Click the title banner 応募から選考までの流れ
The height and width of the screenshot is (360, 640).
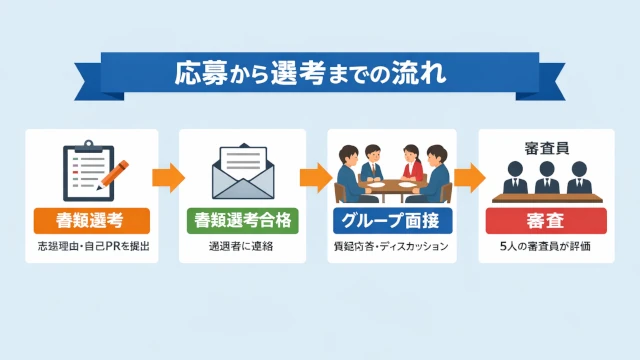tap(320, 73)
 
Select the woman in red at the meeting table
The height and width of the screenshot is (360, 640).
tap(410, 160)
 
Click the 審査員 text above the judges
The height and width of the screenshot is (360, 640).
tap(546, 145)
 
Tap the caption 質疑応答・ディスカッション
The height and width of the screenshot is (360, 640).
tap(391, 246)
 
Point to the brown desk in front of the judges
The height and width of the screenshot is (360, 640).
tap(546, 197)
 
